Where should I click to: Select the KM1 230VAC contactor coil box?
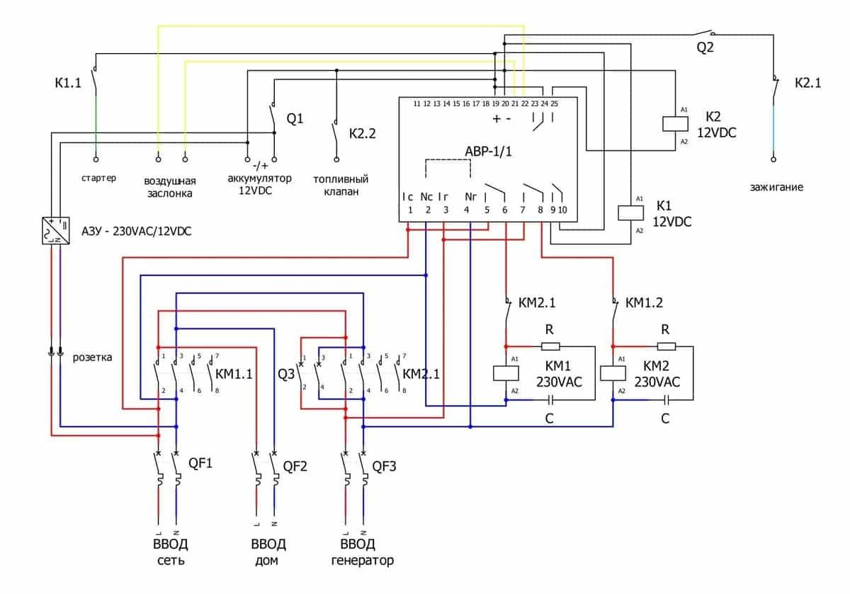(504, 374)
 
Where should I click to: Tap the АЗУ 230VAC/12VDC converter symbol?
(57, 231)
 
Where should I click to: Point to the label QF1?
(200, 464)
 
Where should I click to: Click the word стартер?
(98, 178)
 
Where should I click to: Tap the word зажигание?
(777, 188)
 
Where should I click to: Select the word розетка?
(92, 357)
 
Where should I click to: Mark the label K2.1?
(807, 83)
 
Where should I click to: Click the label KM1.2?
(645, 303)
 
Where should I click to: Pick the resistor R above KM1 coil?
(550, 346)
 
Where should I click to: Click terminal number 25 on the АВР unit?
(554, 103)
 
